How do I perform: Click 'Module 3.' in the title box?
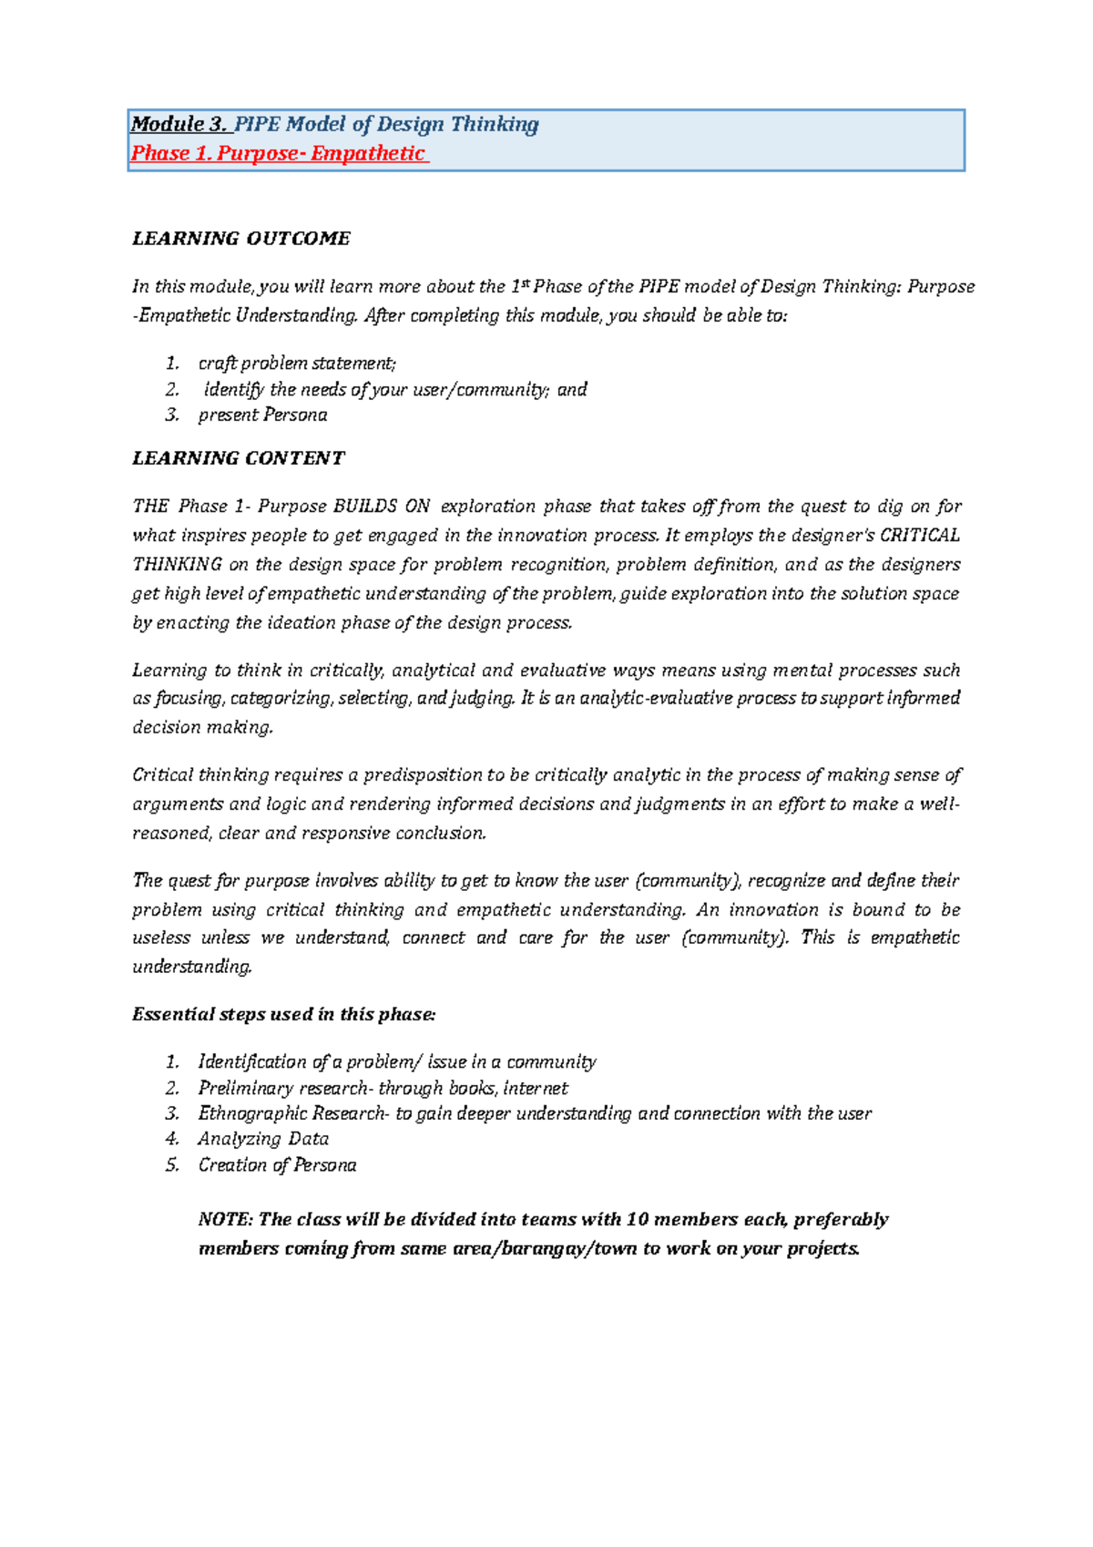coord(179,125)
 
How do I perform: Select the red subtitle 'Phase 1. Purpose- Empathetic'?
coord(278,154)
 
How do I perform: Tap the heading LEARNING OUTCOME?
coord(241,239)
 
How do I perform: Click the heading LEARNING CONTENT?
coord(239,458)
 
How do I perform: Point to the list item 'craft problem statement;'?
coord(297,364)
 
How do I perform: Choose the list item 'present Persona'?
coord(262,415)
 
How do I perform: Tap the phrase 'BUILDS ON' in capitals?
coord(382,507)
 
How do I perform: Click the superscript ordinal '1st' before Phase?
coord(519,286)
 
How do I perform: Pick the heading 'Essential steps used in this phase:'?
coord(284,1015)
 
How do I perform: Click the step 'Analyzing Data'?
coord(263,1139)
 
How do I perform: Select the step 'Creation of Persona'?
coord(277,1165)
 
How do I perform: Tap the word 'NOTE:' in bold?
coord(225,1220)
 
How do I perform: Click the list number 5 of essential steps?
coord(172,1165)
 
